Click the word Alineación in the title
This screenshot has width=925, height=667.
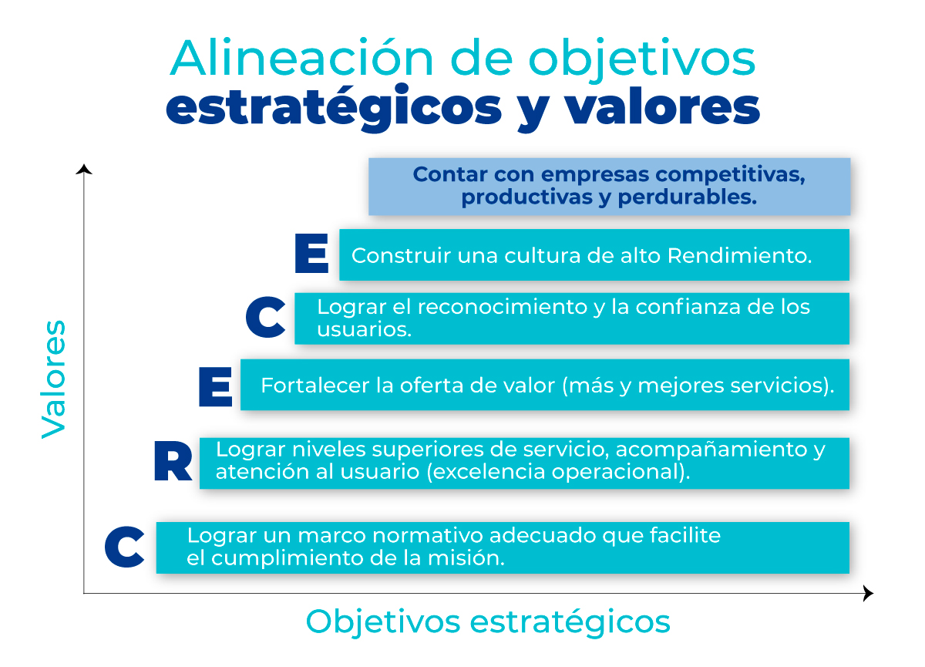pyautogui.click(x=302, y=58)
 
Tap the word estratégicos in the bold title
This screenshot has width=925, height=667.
pyautogui.click(x=334, y=108)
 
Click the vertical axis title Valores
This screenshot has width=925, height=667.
pyautogui.click(x=54, y=379)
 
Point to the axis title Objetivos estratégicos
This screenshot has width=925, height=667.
pyautogui.click(x=488, y=622)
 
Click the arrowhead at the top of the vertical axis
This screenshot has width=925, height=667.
pyautogui.click(x=84, y=170)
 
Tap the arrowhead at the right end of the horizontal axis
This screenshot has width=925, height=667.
pyautogui.click(x=869, y=594)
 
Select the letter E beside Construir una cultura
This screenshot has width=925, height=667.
pyautogui.click(x=311, y=253)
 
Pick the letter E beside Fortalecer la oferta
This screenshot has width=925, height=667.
pyautogui.click(x=215, y=387)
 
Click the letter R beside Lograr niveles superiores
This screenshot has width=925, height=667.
pyautogui.click(x=173, y=461)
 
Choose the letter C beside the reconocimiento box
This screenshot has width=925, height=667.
pyautogui.click(x=265, y=317)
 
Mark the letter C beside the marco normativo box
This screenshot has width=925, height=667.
pyautogui.click(x=124, y=547)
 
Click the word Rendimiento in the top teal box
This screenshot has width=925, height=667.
pyautogui.click(x=739, y=255)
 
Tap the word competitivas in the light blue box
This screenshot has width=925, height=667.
pyautogui.click(x=730, y=175)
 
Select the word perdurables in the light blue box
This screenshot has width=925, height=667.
pyautogui.click(x=687, y=197)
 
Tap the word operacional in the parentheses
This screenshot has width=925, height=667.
pyautogui.click(x=621, y=472)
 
